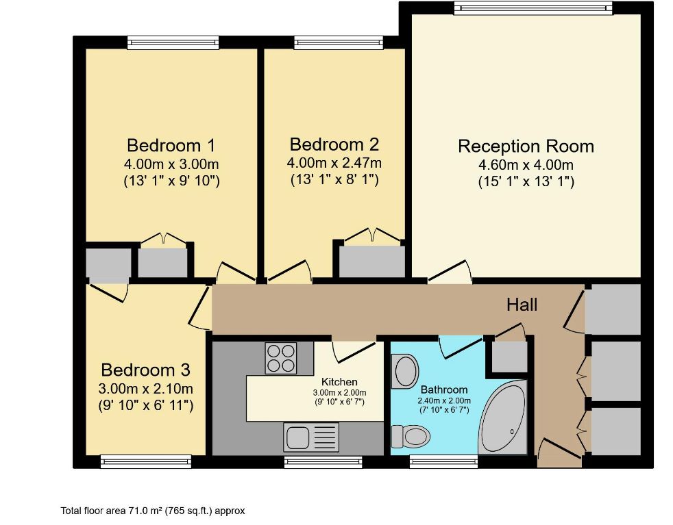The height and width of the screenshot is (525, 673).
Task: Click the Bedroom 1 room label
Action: [x=171, y=145]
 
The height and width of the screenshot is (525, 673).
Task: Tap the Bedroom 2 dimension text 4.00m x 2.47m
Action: [x=334, y=163]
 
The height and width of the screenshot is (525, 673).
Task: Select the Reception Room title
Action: [x=526, y=146]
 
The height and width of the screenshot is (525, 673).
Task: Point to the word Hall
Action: [x=522, y=305]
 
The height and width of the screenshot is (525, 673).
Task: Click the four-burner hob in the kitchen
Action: [x=281, y=358]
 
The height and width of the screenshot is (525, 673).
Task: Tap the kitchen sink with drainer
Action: [x=311, y=437]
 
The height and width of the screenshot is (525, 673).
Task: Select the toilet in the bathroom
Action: [x=411, y=436]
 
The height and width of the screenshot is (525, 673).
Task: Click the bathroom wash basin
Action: [x=406, y=371]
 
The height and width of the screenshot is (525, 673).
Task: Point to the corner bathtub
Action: [x=503, y=417]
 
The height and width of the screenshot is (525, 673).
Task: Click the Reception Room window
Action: [x=533, y=8]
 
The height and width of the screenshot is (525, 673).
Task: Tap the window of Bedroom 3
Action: [x=146, y=461]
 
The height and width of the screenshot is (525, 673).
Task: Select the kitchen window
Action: [x=323, y=461]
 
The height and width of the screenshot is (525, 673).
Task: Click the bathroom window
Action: [x=443, y=461]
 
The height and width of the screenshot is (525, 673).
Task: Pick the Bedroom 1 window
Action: [x=173, y=42]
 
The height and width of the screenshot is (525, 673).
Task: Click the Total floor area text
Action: [x=153, y=511]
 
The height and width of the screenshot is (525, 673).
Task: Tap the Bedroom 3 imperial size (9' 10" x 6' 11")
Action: [x=146, y=405]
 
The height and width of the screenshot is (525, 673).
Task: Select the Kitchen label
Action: [x=339, y=382]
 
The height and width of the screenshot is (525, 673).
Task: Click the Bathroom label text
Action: [x=444, y=389]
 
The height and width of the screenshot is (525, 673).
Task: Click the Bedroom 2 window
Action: [x=339, y=42]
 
